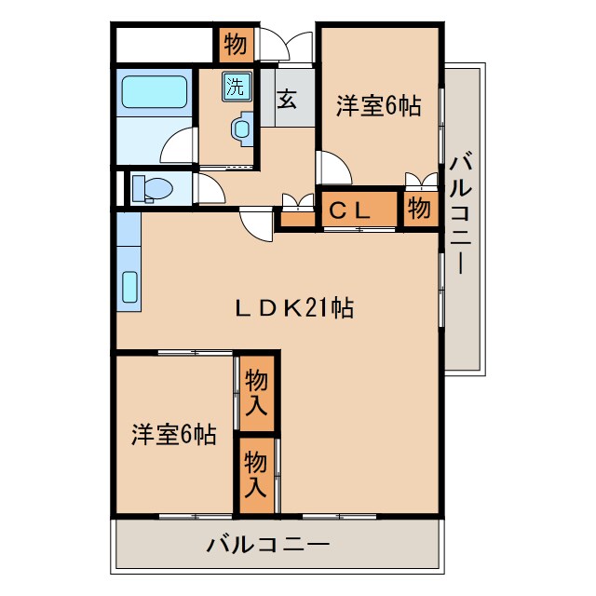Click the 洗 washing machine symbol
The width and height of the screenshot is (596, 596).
pyautogui.click(x=235, y=88)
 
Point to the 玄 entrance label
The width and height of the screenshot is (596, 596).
pyautogui.click(x=288, y=97)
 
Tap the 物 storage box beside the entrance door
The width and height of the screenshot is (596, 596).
pyautogui.click(x=235, y=44)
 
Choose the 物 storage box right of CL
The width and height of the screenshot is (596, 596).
pyautogui.click(x=420, y=210)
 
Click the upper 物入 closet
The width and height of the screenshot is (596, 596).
pyautogui.click(x=257, y=392)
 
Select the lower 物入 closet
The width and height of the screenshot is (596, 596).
pyautogui.click(x=257, y=473)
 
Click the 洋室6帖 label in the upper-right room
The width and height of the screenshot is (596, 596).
pyautogui.click(x=378, y=107)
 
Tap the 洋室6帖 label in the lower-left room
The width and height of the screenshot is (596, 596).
pyautogui.click(x=173, y=434)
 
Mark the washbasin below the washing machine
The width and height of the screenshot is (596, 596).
pyautogui.click(x=242, y=128)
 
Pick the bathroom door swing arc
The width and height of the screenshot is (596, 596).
pyautogui.click(x=178, y=147)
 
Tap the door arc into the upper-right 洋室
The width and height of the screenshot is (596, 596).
pyautogui.click(x=333, y=168)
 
